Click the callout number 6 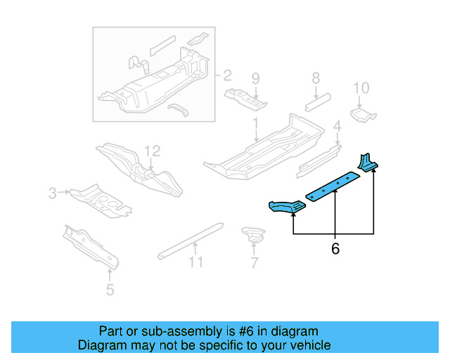335,249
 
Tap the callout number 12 153,150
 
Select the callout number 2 226,75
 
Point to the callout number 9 255,78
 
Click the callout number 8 315,78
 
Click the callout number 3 52,192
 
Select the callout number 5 109,289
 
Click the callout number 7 254,263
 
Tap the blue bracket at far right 368,163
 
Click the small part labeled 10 363,115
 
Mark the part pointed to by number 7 252,234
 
